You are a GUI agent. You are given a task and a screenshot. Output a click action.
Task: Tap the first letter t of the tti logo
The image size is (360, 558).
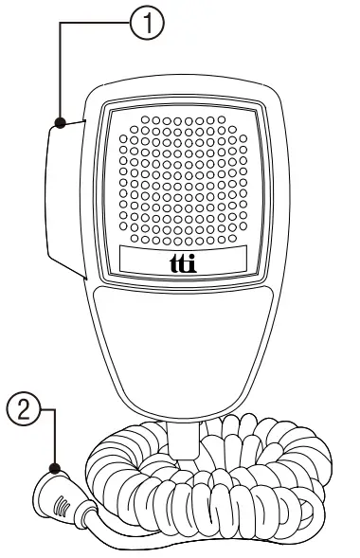(x=171, y=262)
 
